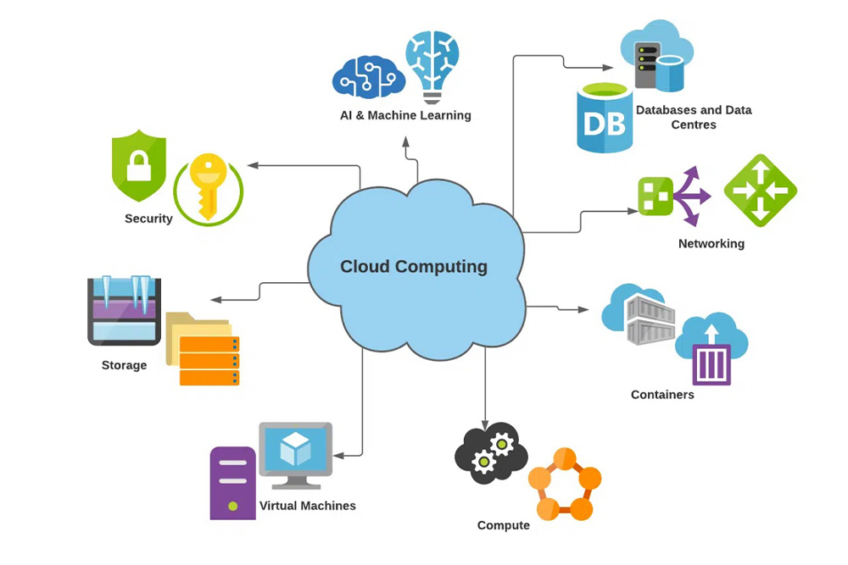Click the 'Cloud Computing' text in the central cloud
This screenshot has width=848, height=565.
[414, 267]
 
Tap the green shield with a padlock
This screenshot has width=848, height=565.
[139, 165]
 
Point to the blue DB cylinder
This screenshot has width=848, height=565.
[605, 119]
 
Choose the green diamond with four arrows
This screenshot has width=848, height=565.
[761, 191]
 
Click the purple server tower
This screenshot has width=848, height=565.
[232, 482]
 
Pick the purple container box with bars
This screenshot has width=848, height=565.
[710, 363]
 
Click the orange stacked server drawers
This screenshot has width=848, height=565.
[209, 360]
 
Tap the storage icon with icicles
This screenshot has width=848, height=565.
[124, 311]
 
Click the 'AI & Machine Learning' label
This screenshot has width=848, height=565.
[400, 115]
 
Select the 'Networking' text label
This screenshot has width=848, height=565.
[711, 244]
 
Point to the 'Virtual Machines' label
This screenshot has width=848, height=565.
[307, 506]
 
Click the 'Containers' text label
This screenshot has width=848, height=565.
[662, 395]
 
